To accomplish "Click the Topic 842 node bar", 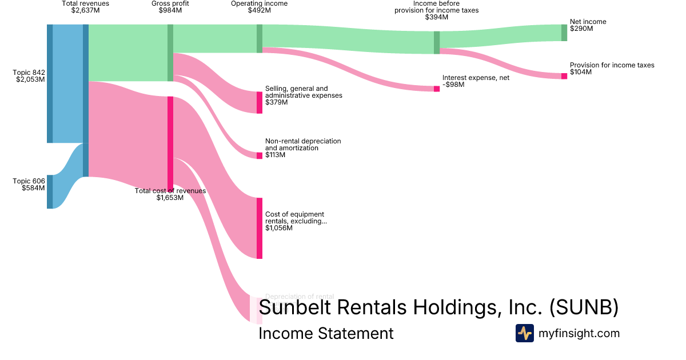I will (50, 83).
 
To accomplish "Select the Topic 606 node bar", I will (50, 192).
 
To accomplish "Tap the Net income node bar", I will (564, 33).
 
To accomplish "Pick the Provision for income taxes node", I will (564, 76).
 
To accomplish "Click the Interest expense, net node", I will (437, 89).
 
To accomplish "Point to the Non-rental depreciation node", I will (260, 155).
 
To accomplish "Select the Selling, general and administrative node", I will (260, 103).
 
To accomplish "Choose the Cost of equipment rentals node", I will (260, 228).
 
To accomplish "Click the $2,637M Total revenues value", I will (86, 10).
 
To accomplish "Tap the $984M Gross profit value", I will (170, 10).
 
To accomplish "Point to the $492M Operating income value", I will (259, 10).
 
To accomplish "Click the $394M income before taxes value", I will (437, 17).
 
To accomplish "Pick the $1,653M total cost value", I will (170, 198).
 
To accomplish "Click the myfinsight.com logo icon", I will (524, 333).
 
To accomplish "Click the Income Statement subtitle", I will (326, 333).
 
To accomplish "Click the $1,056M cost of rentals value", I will (279, 228).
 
